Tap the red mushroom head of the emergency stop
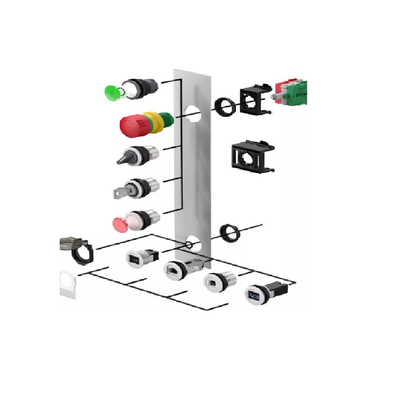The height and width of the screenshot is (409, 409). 131,126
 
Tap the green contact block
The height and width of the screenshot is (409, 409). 297,92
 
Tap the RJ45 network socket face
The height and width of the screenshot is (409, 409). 172,271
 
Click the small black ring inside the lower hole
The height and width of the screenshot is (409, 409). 188,245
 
